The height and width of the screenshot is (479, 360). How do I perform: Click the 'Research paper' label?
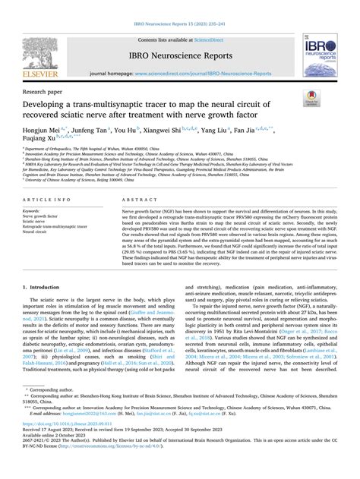[42, 88]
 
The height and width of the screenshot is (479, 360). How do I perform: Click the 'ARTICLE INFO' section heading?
[51, 198]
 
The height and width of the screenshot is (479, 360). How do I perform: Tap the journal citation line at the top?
[179, 6]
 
